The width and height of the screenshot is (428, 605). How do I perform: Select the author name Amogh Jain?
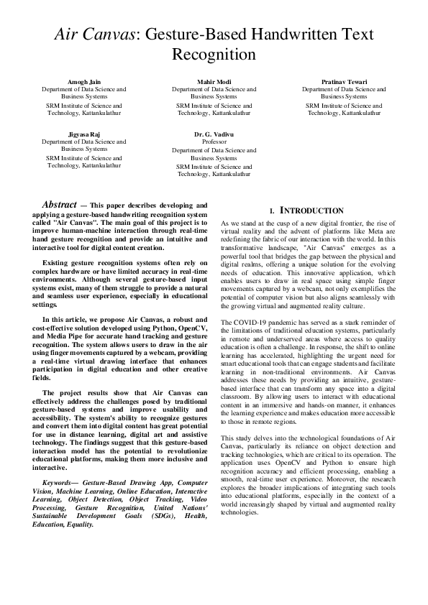point(84,83)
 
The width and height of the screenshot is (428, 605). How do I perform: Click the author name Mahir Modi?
point(214,83)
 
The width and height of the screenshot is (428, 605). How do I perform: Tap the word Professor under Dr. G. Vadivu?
point(214,142)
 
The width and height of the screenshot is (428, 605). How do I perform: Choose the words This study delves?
point(245,438)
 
